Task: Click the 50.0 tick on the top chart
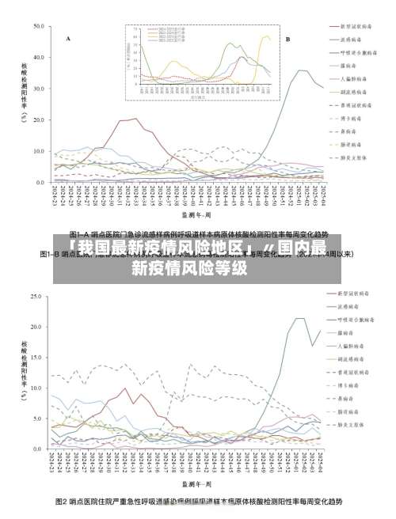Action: (x=39, y=26)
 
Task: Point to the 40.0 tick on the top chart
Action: (x=39, y=57)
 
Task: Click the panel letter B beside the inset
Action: (x=287, y=38)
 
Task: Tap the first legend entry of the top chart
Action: (x=349, y=25)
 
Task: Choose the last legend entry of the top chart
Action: (x=349, y=157)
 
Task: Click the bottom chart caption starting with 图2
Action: (x=198, y=502)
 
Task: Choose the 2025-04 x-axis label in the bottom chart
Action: (x=320, y=463)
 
